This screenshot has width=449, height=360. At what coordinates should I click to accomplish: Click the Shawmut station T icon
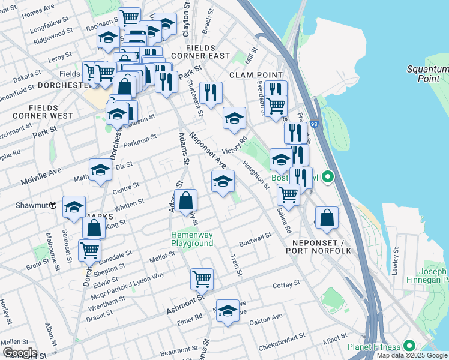coord(53,205)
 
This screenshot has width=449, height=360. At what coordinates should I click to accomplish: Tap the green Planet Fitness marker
coord(409,346)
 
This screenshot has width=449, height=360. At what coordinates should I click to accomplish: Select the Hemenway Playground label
coord(192,239)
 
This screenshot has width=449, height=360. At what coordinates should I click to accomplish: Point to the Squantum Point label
coord(428,74)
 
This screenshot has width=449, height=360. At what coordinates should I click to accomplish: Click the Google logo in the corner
coord(19,353)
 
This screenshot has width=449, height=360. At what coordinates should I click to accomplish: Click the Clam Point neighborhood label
coord(252,75)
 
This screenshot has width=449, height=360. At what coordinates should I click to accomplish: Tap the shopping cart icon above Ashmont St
coord(202,278)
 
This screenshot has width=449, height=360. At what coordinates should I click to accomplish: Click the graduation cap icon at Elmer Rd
coord(227,311)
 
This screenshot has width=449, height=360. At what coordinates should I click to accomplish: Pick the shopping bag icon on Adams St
coord(186,200)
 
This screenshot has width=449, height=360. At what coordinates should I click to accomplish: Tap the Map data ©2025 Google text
coord(412,355)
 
